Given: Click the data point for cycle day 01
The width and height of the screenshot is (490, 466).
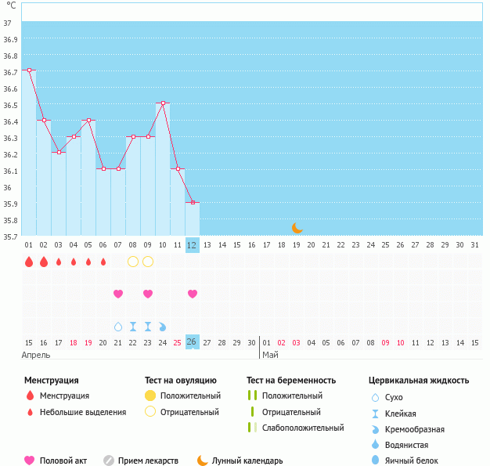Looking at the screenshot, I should (x=29, y=70).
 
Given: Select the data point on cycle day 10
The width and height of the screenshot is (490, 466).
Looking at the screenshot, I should (x=163, y=103).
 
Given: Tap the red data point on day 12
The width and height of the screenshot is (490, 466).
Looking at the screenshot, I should (x=193, y=202).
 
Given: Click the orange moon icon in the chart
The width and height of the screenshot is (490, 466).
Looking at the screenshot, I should (x=297, y=228).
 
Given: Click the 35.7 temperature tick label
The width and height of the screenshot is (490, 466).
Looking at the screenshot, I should (x=10, y=237).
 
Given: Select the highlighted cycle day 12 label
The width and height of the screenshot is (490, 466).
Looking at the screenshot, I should (x=193, y=245).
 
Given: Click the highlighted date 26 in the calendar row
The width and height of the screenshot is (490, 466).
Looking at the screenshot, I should (x=193, y=341).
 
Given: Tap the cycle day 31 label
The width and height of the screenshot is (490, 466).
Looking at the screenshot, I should (x=475, y=245).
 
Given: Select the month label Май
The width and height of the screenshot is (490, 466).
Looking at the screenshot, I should (x=270, y=355).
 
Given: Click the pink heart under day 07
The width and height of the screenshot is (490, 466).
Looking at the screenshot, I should (x=118, y=294).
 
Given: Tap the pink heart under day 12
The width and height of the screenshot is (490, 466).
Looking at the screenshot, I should (x=193, y=294).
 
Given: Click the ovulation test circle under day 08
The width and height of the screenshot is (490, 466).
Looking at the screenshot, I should (x=133, y=261).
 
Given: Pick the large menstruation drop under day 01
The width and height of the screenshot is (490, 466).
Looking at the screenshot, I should (x=29, y=262).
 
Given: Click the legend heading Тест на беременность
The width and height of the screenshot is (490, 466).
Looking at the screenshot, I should (x=291, y=381).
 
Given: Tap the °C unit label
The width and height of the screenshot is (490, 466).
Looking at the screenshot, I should (x=10, y=5).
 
